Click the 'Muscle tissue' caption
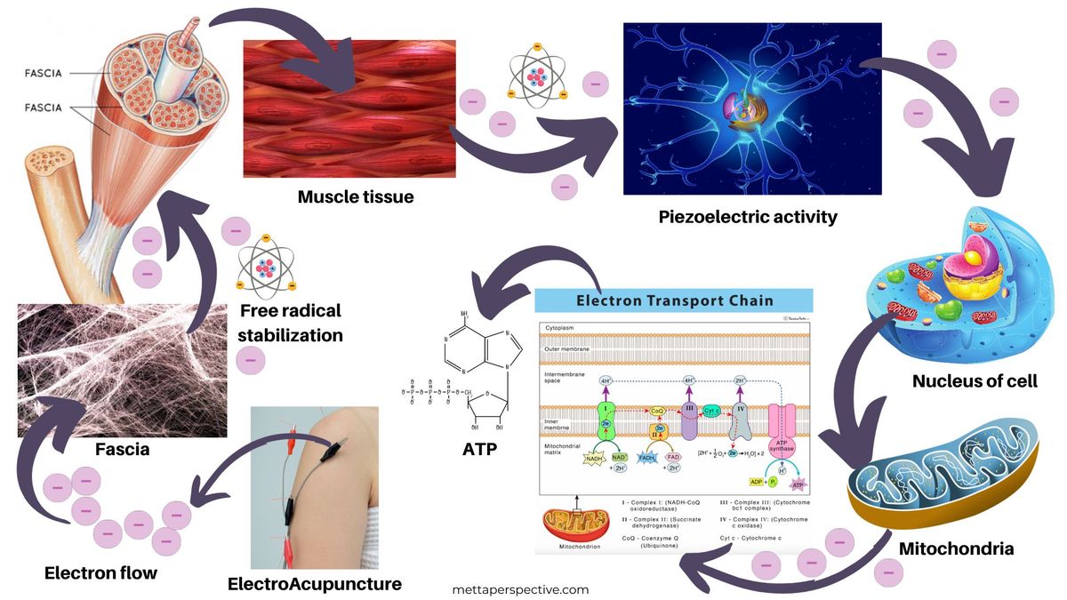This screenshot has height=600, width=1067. (356, 196)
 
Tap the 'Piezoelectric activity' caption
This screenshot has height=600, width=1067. (748, 216)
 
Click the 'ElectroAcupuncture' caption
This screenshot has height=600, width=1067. (315, 584)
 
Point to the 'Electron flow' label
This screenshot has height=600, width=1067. (100, 572)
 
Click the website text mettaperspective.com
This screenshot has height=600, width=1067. (520, 588)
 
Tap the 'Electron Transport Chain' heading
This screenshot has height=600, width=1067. (675, 300)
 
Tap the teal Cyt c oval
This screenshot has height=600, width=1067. (710, 411)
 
